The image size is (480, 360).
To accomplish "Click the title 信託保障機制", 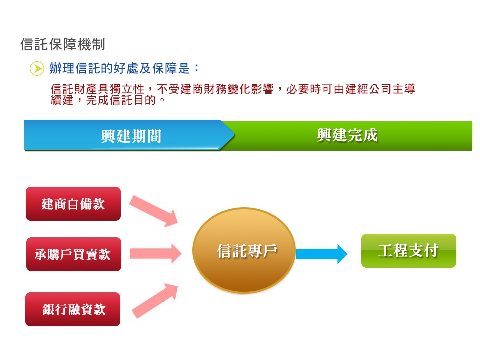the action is pyautogui.click(x=63, y=44).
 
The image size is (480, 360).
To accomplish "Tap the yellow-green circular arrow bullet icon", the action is pyautogui.click(x=37, y=68).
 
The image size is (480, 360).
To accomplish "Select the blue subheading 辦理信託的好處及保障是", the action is pyautogui.click(x=119, y=68).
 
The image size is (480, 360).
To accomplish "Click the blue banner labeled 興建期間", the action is pyautogui.click(x=129, y=135).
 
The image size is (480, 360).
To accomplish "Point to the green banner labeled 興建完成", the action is pyautogui.click(x=348, y=136).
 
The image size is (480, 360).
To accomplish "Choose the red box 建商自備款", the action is pyautogui.click(x=73, y=204).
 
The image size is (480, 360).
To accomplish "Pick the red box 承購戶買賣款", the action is pyautogui.click(x=74, y=254).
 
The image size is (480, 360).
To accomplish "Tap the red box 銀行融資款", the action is pyautogui.click(x=73, y=309).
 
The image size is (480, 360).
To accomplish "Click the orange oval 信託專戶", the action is pyautogui.click(x=244, y=250).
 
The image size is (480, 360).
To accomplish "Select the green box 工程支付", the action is pyautogui.click(x=409, y=251).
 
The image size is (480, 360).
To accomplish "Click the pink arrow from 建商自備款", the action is pyautogui.click(x=153, y=210).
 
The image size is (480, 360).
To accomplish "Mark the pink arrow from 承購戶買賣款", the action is pyautogui.click(x=156, y=254).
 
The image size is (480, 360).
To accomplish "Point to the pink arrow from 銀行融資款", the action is pyautogui.click(x=155, y=301).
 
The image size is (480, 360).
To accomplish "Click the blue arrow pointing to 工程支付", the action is pyautogui.click(x=321, y=254).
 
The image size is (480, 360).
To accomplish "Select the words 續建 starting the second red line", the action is pyautogui.click(x=62, y=100).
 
